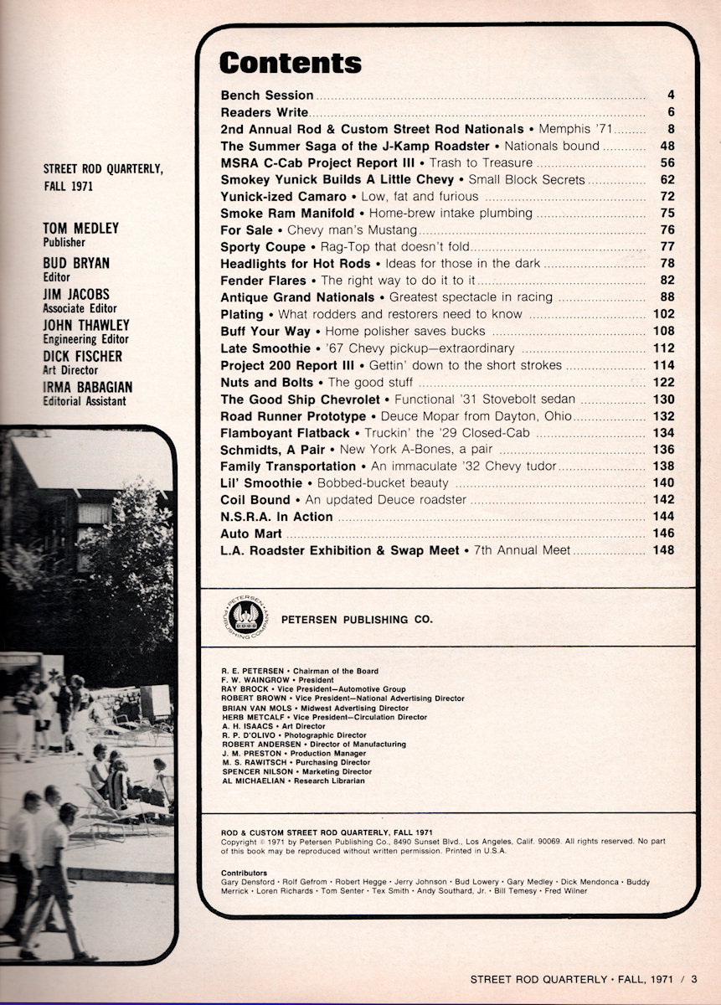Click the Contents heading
(290, 63)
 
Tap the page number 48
(667, 146)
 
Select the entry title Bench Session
(266, 95)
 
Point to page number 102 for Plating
(663, 314)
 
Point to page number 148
(663, 550)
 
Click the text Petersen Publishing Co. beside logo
(357, 620)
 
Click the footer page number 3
(695, 978)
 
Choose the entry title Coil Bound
(255, 500)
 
